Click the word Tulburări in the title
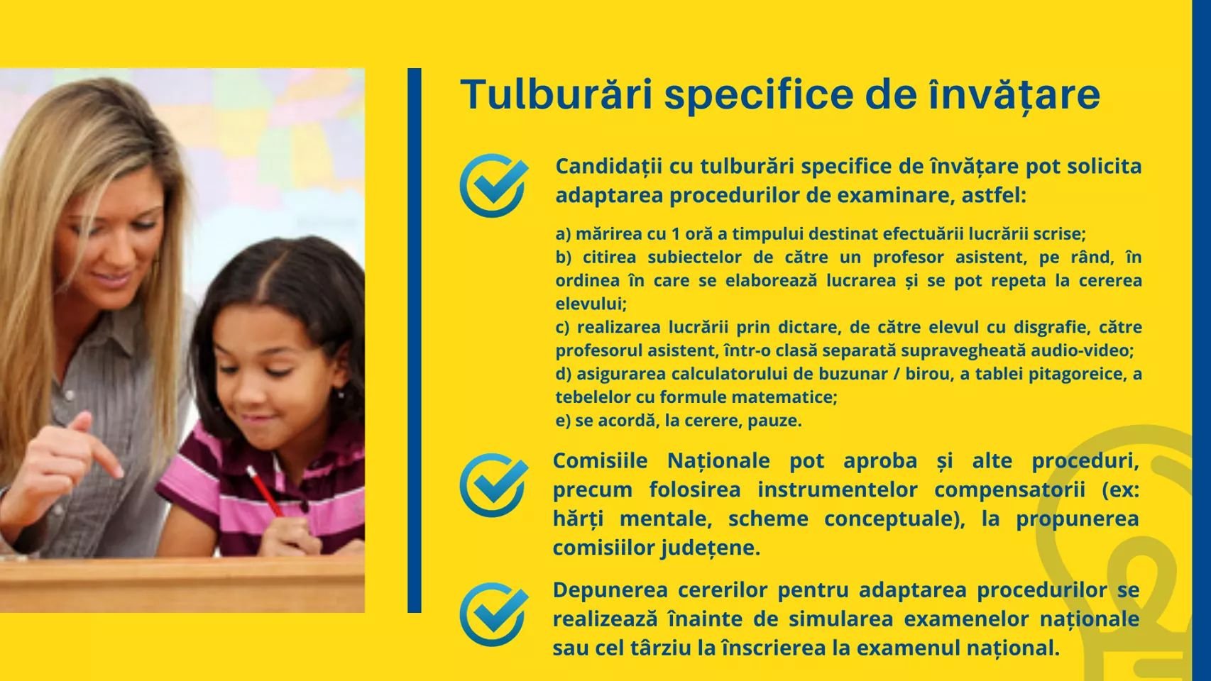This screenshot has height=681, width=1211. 557,94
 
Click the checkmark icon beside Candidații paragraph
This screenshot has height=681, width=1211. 494,185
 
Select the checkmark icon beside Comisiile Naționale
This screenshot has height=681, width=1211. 494,485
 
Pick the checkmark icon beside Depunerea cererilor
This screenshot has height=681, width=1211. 494,614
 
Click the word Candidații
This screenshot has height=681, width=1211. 608,167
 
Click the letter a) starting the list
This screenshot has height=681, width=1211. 563,235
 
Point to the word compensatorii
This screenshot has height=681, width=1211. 1009,490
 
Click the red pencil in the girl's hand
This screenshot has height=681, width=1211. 264,491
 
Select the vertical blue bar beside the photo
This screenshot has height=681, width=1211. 414,340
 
